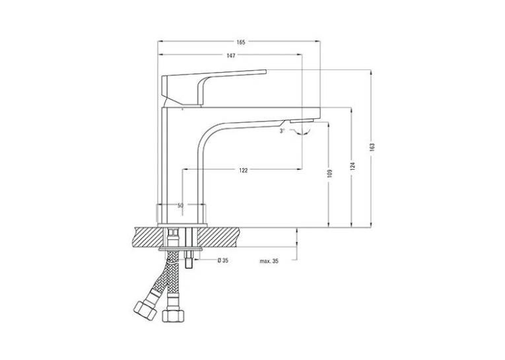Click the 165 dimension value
coord(241,42)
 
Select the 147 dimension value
coord(231,55)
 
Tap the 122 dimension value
coord(244,170)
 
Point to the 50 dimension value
coord(180,205)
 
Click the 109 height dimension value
coord(330,173)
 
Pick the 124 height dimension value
coord(353,166)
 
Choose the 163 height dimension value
coord(373,147)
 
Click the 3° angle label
coord(282,131)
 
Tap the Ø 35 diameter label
coord(223,260)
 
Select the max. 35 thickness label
coord(269,261)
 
